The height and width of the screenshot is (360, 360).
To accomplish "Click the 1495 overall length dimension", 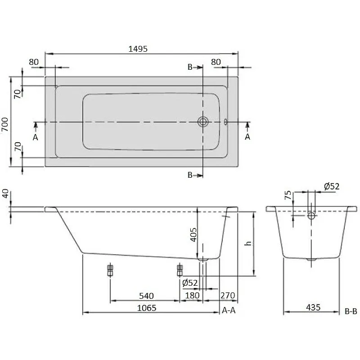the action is pyautogui.click(x=138, y=49).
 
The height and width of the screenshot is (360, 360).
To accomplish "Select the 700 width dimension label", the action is pyautogui.click(x=5, y=124).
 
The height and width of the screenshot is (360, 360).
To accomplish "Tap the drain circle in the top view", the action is pyautogui.click(x=203, y=121).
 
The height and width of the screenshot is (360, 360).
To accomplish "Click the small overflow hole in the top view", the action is pyautogui.click(x=226, y=121).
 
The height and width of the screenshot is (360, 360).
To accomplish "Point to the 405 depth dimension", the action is pyautogui.click(x=193, y=234).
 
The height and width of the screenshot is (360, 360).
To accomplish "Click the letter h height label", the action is pyautogui.click(x=248, y=243).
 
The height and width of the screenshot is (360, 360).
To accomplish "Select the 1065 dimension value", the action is pyautogui.click(x=147, y=308).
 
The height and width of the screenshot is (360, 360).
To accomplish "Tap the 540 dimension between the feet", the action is pyautogui.click(x=146, y=296).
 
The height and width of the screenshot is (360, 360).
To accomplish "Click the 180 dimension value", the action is pyautogui.click(x=192, y=296).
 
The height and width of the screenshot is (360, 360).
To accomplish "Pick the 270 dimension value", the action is pyautogui.click(x=228, y=296).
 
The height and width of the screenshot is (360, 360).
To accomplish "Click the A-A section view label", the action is pyautogui.click(x=229, y=310).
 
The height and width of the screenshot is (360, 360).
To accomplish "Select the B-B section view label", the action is pyautogui.click(x=351, y=311).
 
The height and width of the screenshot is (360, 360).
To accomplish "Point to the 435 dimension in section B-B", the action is pyautogui.click(x=313, y=307).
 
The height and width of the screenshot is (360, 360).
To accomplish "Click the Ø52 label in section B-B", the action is pyautogui.click(x=332, y=186).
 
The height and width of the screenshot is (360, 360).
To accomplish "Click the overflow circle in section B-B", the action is pyautogui.click(x=311, y=216).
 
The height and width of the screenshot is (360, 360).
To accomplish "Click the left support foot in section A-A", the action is pyautogui.click(x=110, y=270).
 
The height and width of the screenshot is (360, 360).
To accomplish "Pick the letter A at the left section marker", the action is pyautogui.click(x=36, y=137).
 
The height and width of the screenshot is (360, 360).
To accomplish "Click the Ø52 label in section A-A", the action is pyautogui.click(x=190, y=283).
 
